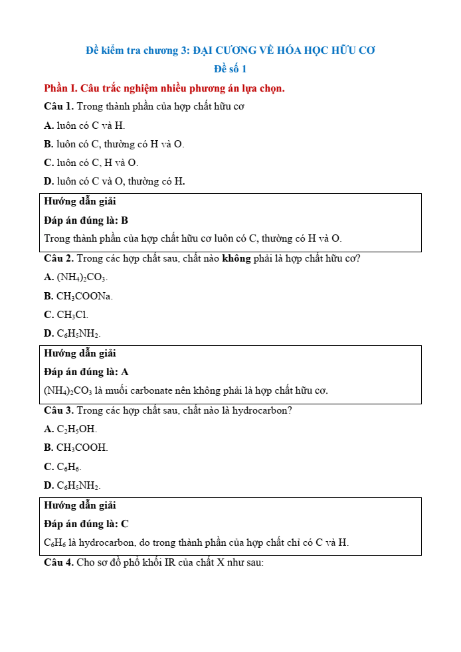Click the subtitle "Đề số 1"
tap(230, 68)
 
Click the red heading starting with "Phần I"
tap(164, 88)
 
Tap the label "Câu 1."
tap(59, 106)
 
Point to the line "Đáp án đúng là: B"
tap(86, 220)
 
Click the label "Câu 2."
tap(59, 258)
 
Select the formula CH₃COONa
tap(84, 296)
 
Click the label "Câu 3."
tap(59, 410)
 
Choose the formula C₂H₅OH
tap(76, 430)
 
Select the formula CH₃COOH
tap(82, 448)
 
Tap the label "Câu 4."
tap(59, 562)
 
